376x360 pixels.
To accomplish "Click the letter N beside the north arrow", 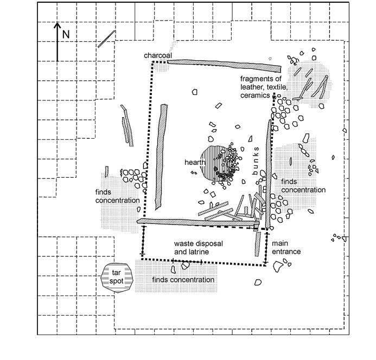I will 66,34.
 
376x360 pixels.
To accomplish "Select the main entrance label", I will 286,248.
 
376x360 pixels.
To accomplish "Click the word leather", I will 253,87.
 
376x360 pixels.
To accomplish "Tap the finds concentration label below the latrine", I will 183,280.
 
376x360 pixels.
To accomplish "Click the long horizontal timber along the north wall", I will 224,65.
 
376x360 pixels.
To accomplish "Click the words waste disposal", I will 194,244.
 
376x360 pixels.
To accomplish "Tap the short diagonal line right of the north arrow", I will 106,39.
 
